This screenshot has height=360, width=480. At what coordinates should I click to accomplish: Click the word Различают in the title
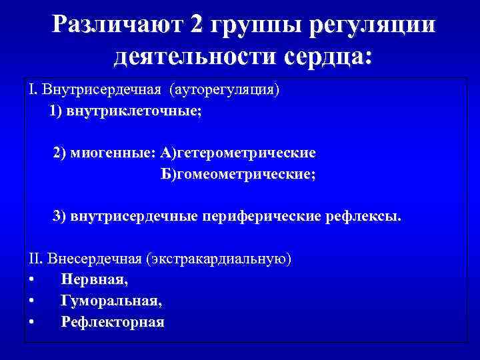click(116, 25)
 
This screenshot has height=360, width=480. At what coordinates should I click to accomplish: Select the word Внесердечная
click(88, 258)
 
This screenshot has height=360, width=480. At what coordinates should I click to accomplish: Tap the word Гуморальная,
click(111, 301)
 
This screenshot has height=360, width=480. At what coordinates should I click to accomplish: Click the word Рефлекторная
click(113, 322)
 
